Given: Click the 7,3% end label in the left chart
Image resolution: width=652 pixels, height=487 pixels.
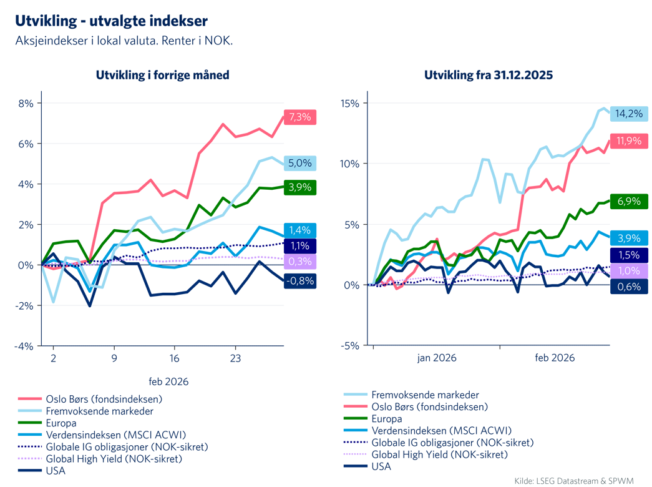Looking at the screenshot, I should tap(301, 117).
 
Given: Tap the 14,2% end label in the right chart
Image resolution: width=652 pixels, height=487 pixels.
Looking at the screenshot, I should tap(629, 114).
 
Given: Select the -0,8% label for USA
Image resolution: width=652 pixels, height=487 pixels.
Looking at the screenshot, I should tap(300, 281).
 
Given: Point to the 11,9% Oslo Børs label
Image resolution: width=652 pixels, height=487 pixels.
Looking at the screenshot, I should tap(629, 141).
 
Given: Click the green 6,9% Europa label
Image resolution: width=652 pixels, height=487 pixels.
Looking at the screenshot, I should tap(629, 201).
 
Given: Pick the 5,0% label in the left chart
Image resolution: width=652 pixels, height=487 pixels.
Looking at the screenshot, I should tap(301, 164).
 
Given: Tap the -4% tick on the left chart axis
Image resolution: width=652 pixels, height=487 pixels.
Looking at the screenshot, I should tap(24, 346).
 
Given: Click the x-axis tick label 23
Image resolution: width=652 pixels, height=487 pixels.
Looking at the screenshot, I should tap(235, 360).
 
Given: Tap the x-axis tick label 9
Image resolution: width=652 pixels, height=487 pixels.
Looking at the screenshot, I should tap(114, 360).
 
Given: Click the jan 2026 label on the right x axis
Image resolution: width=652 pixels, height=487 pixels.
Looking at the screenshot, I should tap(437, 358).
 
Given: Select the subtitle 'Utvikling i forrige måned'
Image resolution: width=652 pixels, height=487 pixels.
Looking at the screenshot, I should tap(162, 75).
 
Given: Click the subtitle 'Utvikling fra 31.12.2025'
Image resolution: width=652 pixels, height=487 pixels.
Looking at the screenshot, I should tap(489, 75).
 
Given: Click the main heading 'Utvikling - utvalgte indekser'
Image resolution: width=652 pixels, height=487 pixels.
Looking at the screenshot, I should tap(111, 21).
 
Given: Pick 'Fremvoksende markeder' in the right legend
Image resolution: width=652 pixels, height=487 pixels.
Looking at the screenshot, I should tap(425, 395).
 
